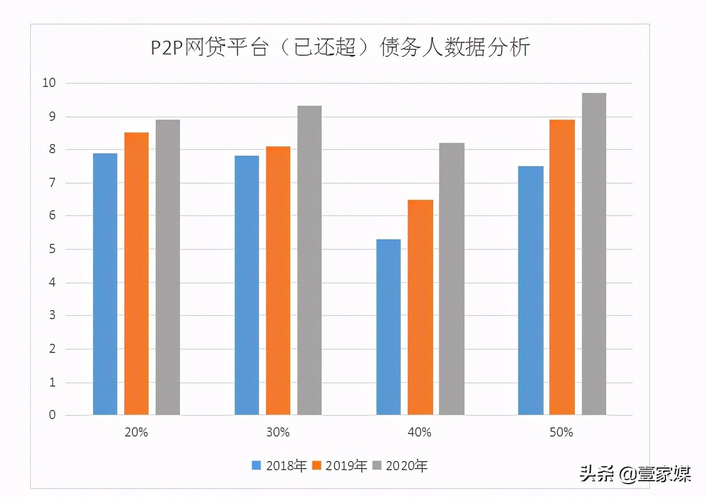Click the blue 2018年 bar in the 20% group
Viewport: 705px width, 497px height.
[105, 284]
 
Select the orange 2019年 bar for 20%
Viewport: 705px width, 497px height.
[136, 273]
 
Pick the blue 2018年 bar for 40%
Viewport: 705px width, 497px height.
[389, 327]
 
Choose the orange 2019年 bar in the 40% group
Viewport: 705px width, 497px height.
[420, 307]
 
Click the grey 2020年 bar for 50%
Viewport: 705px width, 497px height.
[594, 254]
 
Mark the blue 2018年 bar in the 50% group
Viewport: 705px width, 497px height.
[531, 290]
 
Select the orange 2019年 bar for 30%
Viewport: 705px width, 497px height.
[278, 280]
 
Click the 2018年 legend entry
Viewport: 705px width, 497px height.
[279, 465]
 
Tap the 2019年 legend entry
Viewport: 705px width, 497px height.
[340, 465]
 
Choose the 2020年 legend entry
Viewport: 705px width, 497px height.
[400, 465]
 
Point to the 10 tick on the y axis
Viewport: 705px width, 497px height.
[49, 83]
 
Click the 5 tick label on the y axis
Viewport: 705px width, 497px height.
[52, 249]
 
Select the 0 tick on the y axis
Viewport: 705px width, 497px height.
[52, 415]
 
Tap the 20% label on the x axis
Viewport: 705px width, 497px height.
[136, 432]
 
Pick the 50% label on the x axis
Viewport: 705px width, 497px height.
[562, 432]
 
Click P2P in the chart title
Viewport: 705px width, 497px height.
[166, 48]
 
